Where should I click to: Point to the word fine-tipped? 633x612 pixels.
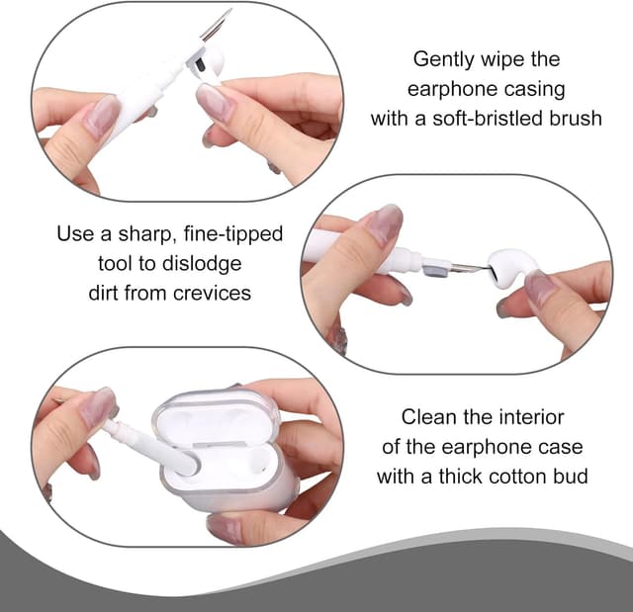(x=233, y=234)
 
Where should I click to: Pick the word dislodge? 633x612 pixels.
(x=202, y=264)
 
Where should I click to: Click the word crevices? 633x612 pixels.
(x=212, y=294)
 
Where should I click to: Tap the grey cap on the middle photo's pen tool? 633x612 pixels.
(x=435, y=268)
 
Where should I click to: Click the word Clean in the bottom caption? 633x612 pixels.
(x=428, y=417)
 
